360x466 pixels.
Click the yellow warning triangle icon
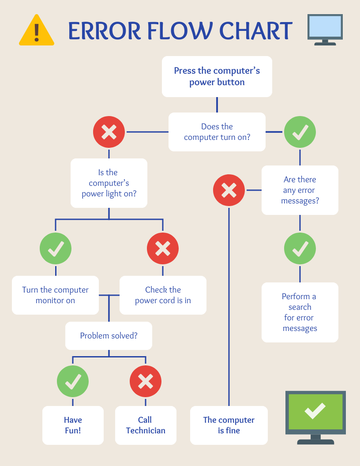click(37, 31)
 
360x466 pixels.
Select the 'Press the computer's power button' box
click(217, 76)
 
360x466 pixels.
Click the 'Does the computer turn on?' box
click(217, 132)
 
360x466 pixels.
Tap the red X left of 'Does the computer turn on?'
click(109, 132)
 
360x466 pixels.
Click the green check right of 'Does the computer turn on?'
click(300, 132)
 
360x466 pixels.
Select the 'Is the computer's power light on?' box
click(109, 183)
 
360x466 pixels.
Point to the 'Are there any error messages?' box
click(300, 190)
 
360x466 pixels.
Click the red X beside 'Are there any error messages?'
click(229, 190)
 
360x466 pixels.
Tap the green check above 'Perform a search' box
click(300, 248)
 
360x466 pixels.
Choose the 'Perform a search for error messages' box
click(300, 312)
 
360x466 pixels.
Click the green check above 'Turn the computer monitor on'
click(56, 248)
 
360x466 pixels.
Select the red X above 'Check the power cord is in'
click(163, 248)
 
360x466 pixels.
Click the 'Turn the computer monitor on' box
click(55, 295)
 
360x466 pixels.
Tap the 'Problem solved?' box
click(109, 336)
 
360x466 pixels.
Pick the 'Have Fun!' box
click(73, 425)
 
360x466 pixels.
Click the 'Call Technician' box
click(146, 425)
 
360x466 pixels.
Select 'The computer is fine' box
click(229, 425)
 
